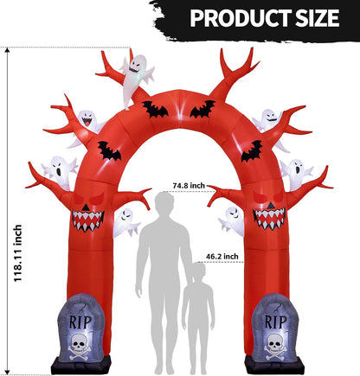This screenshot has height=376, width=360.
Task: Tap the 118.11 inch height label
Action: [x=18, y=253]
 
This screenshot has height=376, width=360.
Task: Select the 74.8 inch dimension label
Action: [x=189, y=185]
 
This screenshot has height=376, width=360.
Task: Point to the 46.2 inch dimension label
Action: [x=222, y=256]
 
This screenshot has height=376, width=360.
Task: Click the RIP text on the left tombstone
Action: [x=80, y=322]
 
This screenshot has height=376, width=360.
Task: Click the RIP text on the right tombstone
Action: [x=275, y=322]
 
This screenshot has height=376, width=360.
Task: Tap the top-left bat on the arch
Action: [x=155, y=109]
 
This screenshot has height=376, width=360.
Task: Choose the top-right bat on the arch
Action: [x=202, y=109]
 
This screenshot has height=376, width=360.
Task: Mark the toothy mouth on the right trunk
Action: [x=269, y=220]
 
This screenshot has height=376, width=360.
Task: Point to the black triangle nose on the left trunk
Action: [x=86, y=207]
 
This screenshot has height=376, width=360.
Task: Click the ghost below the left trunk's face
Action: [x=125, y=223]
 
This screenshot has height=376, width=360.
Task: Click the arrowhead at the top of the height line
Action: [x=8, y=51]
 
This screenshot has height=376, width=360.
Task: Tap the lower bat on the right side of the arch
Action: [x=252, y=151]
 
